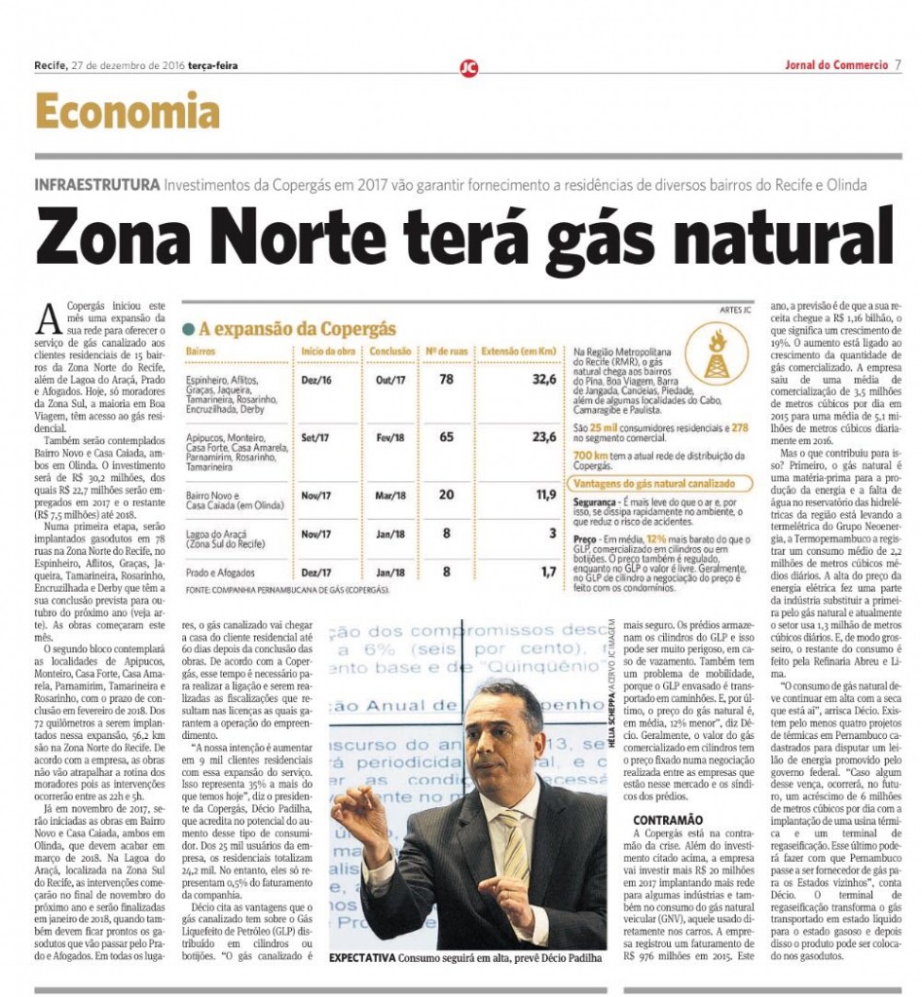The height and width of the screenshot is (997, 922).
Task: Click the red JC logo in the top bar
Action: pyautogui.click(x=469, y=67)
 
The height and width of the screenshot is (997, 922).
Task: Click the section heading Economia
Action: pyautogui.click(x=128, y=112)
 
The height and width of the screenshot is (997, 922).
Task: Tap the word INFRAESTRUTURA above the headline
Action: pyautogui.click(x=96, y=185)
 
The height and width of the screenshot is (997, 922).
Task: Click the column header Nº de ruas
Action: pyautogui.click(x=445, y=351)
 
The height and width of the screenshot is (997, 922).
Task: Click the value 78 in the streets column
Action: pyautogui.click(x=446, y=379)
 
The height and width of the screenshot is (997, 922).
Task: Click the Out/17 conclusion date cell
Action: pyautogui.click(x=388, y=380)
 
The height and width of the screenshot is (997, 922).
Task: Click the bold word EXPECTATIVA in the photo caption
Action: pyautogui.click(x=363, y=959)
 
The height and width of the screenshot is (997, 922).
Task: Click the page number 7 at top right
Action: pyautogui.click(x=898, y=65)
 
